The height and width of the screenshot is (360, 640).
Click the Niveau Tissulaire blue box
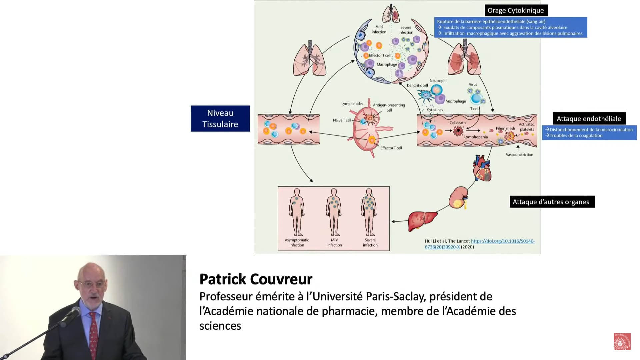point(220,118)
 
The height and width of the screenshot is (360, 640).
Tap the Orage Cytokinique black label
point(516,10)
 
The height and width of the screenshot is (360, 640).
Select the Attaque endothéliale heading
point(589,119)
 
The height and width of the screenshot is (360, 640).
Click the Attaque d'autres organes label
point(552,202)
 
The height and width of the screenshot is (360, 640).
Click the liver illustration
point(423,221)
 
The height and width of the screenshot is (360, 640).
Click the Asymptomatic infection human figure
point(297,212)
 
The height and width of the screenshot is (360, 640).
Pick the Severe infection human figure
point(369,212)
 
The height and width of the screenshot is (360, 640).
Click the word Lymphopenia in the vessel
point(476,137)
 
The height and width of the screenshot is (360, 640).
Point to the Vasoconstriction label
point(519,155)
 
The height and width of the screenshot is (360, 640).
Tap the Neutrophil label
point(438,81)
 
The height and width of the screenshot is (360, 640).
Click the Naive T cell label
point(342,120)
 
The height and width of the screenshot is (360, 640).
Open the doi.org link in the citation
point(480,244)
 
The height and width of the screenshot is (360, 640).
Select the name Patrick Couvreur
point(256,279)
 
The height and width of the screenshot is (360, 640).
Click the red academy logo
point(622,341)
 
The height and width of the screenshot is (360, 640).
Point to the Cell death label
point(457,123)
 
